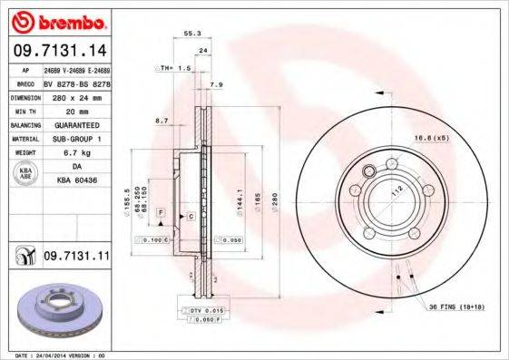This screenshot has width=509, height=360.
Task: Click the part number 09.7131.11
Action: [75, 258]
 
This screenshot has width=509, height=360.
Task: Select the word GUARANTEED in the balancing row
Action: [70, 123]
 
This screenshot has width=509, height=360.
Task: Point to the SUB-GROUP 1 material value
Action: [71, 139]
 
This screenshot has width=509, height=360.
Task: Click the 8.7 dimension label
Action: [162, 120]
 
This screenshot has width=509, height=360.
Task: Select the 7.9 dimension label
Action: [216, 84]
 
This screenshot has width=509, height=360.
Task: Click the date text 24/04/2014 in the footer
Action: [55, 355]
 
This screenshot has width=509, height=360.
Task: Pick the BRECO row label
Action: [26, 80]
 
